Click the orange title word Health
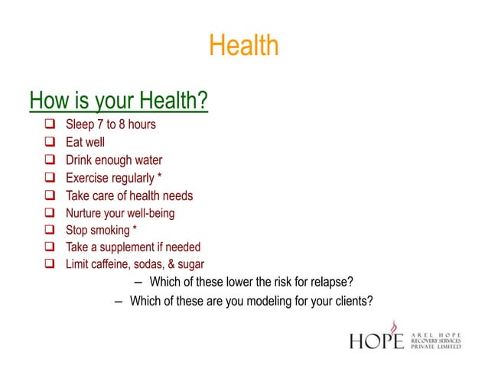(x=244, y=47)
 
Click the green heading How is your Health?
(x=119, y=100)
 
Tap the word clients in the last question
(x=353, y=300)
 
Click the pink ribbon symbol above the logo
(x=394, y=325)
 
